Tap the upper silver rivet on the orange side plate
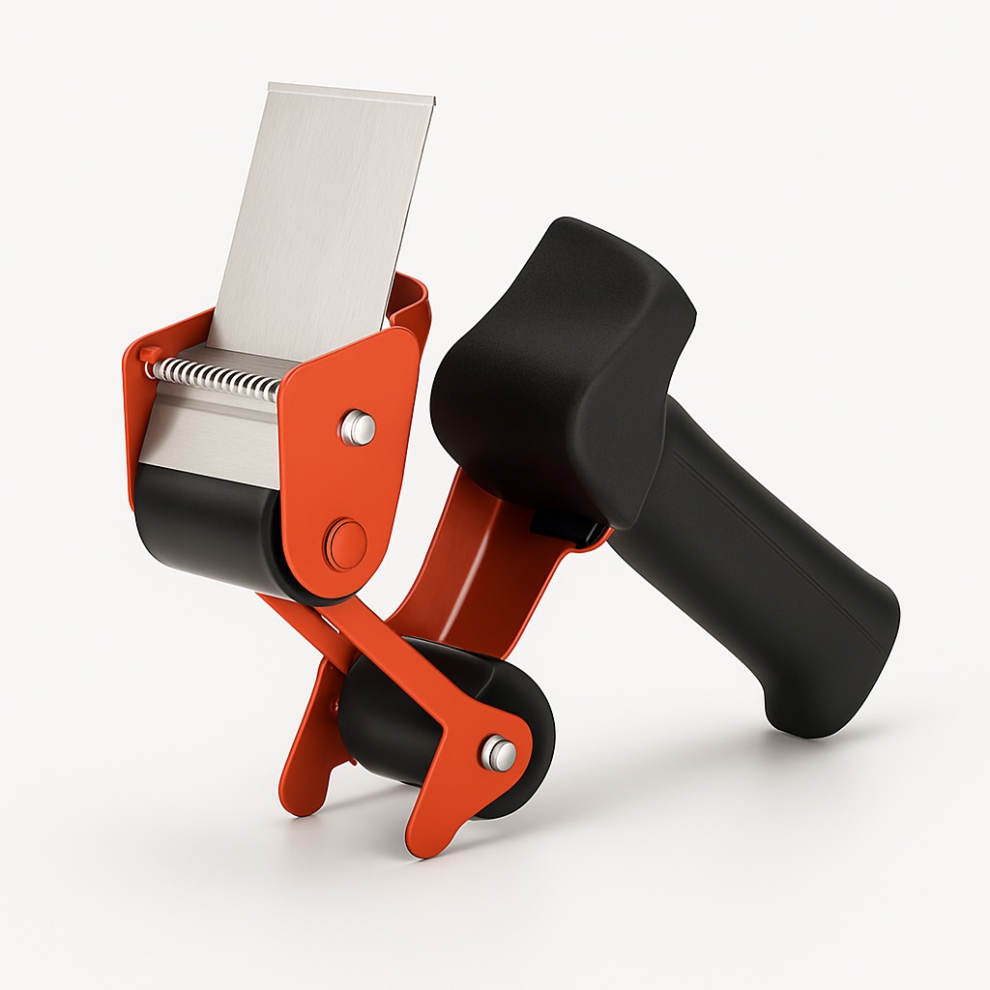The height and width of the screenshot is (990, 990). pos(359,426)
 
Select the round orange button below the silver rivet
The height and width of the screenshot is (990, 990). pos(346,543)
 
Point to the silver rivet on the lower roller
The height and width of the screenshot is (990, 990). pos(499,752)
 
